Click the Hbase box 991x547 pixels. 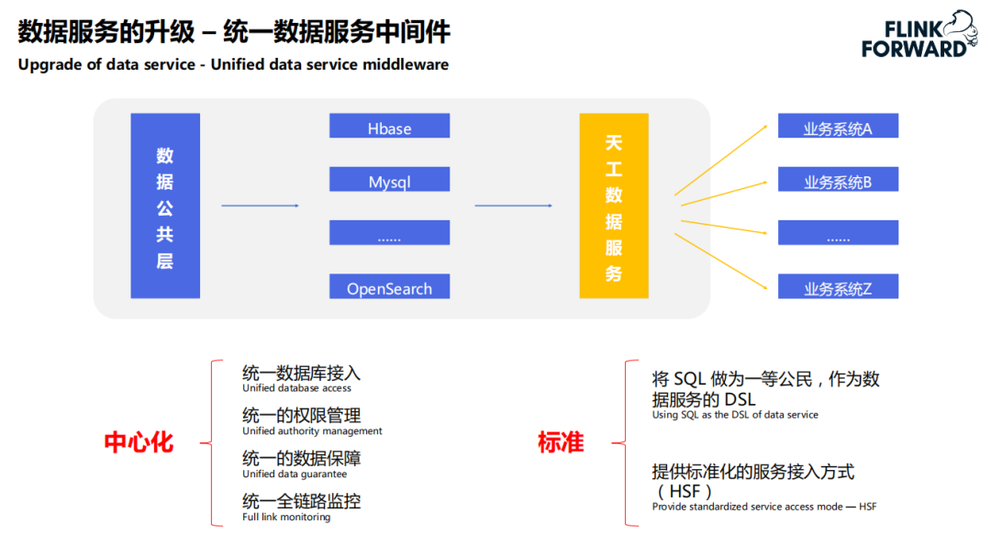pyautogui.click(x=389, y=127)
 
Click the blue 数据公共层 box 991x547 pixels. pyautogui.click(x=165, y=206)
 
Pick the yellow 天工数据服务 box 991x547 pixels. pyautogui.click(x=613, y=206)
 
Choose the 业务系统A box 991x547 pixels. pyautogui.click(x=838, y=127)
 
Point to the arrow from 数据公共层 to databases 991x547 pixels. pyautogui.click(x=261, y=206)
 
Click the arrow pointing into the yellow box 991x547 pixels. pyautogui.click(x=513, y=206)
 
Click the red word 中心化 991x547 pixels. pyautogui.click(x=139, y=442)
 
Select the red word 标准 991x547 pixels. pyautogui.click(x=561, y=442)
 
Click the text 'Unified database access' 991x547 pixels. pyautogui.click(x=296, y=388)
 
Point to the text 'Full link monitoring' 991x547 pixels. pyautogui.click(x=286, y=517)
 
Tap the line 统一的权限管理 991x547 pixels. pyautogui.click(x=302, y=415)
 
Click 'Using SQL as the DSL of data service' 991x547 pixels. pyautogui.click(x=735, y=415)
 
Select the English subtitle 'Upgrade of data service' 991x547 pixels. pyautogui.click(x=106, y=65)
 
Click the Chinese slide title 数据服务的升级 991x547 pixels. pyautogui.click(x=106, y=32)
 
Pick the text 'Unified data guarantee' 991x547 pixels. pyautogui.click(x=295, y=474)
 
